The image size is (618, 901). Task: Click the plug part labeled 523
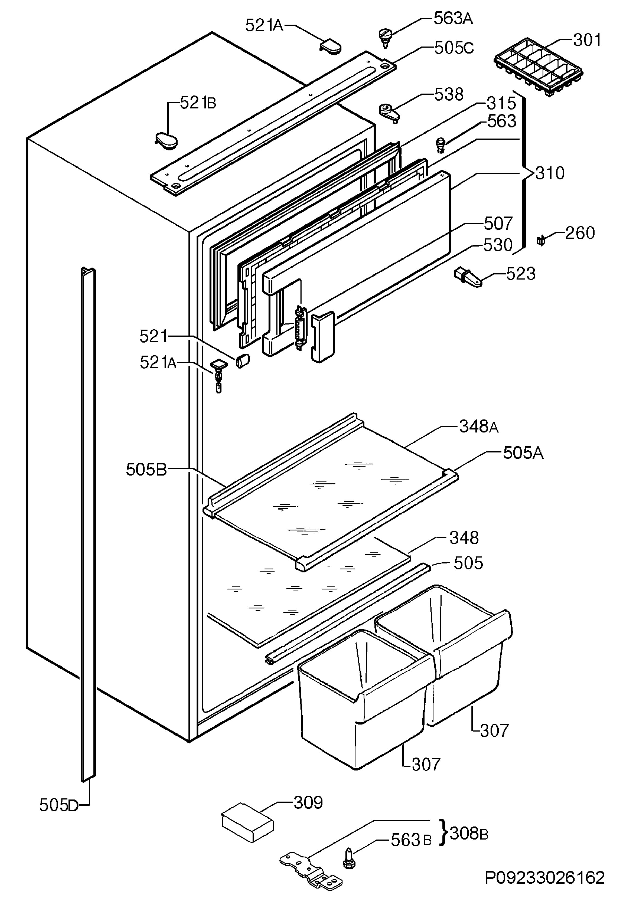pyautogui.click(x=468, y=277)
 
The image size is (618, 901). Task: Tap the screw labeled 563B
pyautogui.click(x=348, y=858)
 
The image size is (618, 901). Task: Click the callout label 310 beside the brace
pyautogui.click(x=550, y=173)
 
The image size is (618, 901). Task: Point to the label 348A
pyautogui.click(x=479, y=427)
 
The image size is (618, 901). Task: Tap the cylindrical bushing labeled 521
pyautogui.click(x=242, y=361)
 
